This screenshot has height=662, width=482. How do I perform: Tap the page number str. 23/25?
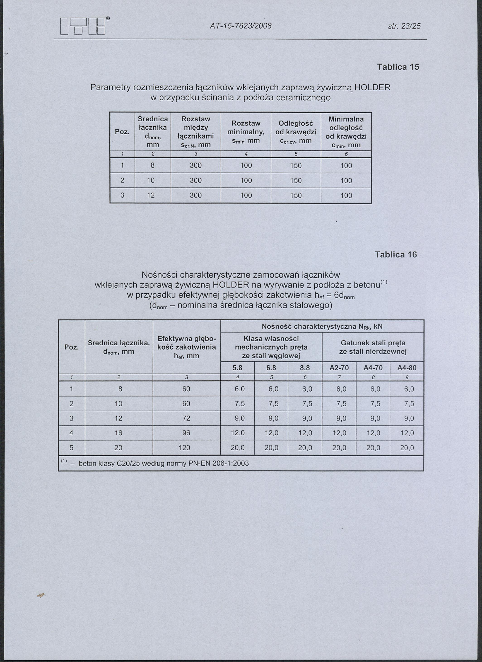click(404, 26)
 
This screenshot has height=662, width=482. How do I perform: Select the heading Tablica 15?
click(398, 67)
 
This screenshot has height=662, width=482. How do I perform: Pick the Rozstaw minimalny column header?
click(246, 132)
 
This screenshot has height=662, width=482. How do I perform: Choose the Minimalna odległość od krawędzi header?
click(346, 132)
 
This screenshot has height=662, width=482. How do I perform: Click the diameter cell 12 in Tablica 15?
click(151, 196)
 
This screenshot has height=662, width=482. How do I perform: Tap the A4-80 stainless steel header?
click(407, 368)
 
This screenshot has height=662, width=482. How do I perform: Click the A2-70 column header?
click(339, 368)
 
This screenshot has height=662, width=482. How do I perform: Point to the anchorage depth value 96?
click(186, 433)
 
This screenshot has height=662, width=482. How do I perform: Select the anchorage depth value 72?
click(186, 418)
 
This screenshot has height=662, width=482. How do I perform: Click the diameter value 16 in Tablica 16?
click(118, 433)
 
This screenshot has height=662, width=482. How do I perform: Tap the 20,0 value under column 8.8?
click(305, 448)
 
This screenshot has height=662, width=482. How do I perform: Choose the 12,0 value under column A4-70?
click(373, 433)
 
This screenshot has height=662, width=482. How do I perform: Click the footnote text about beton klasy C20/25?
click(163, 464)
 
